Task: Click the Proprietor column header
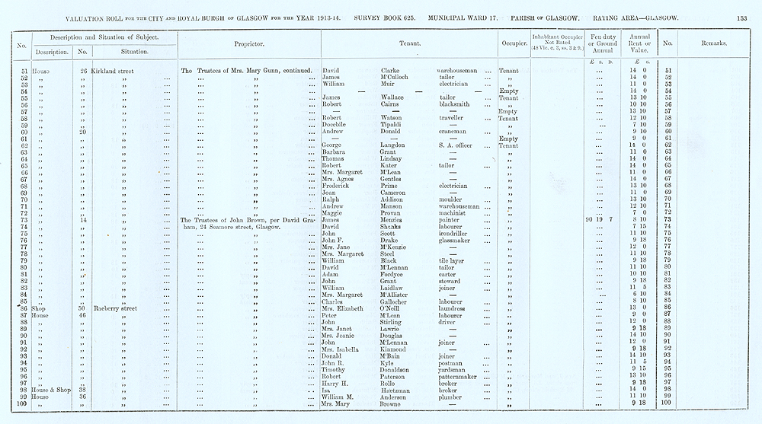(x=249, y=45)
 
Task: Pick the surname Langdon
(x=398, y=145)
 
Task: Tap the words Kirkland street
(x=112, y=70)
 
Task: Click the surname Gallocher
(x=400, y=301)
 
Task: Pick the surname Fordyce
(x=396, y=274)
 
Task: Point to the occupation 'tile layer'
(x=453, y=260)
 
